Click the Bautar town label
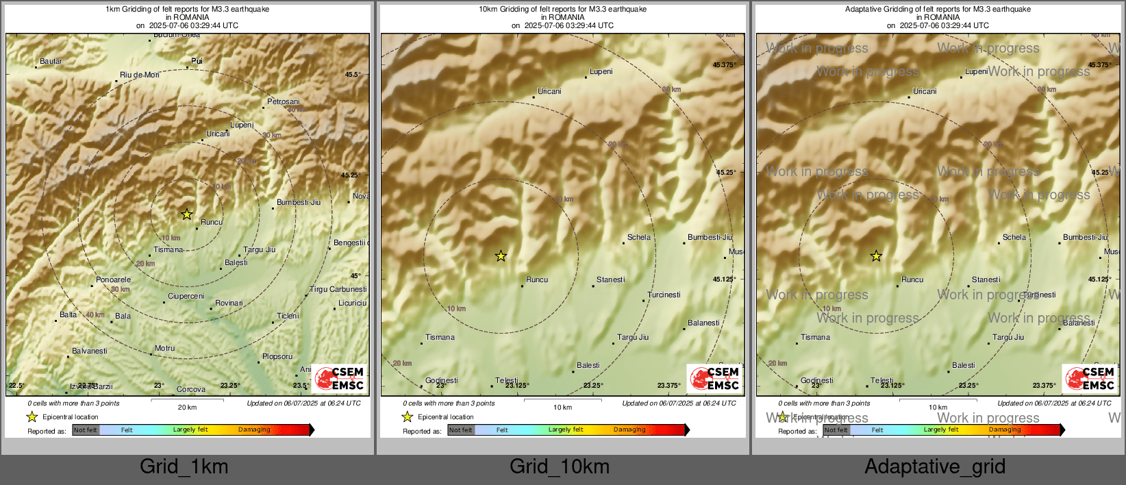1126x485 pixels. [x=51, y=61]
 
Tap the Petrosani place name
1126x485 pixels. [x=284, y=101]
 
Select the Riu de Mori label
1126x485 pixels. [x=140, y=75]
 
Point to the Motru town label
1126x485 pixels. [x=164, y=348]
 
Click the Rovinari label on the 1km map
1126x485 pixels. [x=229, y=303]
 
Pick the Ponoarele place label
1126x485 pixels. [x=113, y=279]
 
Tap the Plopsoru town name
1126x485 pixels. [x=277, y=356]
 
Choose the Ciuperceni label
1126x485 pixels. [x=186, y=296]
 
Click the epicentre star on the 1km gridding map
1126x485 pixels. [x=187, y=214]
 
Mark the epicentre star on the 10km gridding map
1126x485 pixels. [x=501, y=256]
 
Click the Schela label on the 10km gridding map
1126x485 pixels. [x=639, y=237]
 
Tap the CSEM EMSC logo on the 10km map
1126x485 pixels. [x=714, y=378]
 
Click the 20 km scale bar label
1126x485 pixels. [x=187, y=407]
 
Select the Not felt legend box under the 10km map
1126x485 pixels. [x=461, y=430]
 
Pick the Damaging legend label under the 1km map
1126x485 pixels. [x=254, y=430]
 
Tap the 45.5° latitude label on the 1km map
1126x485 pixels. [x=352, y=74]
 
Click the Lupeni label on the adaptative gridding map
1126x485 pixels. [x=977, y=71]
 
